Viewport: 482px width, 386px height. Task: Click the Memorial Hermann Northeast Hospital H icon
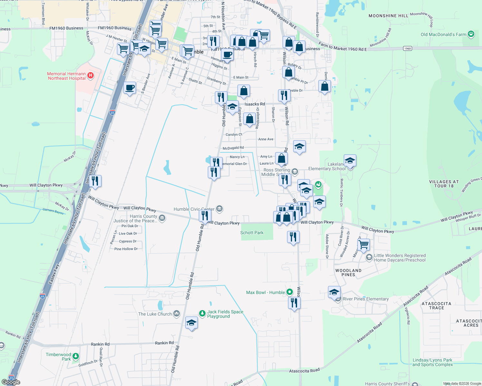[x=91, y=76]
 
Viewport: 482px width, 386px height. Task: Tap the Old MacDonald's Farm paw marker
[x=471, y=34]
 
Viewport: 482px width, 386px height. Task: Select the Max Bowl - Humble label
[x=265, y=292]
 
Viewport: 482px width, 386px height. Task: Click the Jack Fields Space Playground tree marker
[x=202, y=314]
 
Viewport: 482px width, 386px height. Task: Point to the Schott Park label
[x=252, y=233]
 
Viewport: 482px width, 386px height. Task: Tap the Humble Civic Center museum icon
[x=219, y=209]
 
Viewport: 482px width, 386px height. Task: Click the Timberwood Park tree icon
[x=76, y=356]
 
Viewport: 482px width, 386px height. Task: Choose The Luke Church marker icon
[x=177, y=314]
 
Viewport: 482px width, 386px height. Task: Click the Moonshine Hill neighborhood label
[x=388, y=16]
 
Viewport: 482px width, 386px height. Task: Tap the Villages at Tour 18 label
[x=444, y=184]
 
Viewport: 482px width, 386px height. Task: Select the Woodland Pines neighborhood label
[x=348, y=272]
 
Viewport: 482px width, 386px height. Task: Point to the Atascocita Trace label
[x=436, y=306]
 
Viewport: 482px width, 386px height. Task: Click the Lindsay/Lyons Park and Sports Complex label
[x=432, y=362]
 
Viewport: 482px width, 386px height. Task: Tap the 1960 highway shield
[x=408, y=49]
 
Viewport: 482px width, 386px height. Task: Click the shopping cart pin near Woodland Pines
[x=364, y=244]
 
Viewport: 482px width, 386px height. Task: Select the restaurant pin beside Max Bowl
[x=294, y=303]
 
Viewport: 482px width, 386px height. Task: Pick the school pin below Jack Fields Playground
[x=191, y=323]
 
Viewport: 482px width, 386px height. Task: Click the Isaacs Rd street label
[x=255, y=104]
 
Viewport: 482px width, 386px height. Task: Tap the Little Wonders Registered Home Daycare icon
[x=369, y=257]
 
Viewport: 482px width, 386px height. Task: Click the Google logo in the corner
[x=11, y=382]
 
